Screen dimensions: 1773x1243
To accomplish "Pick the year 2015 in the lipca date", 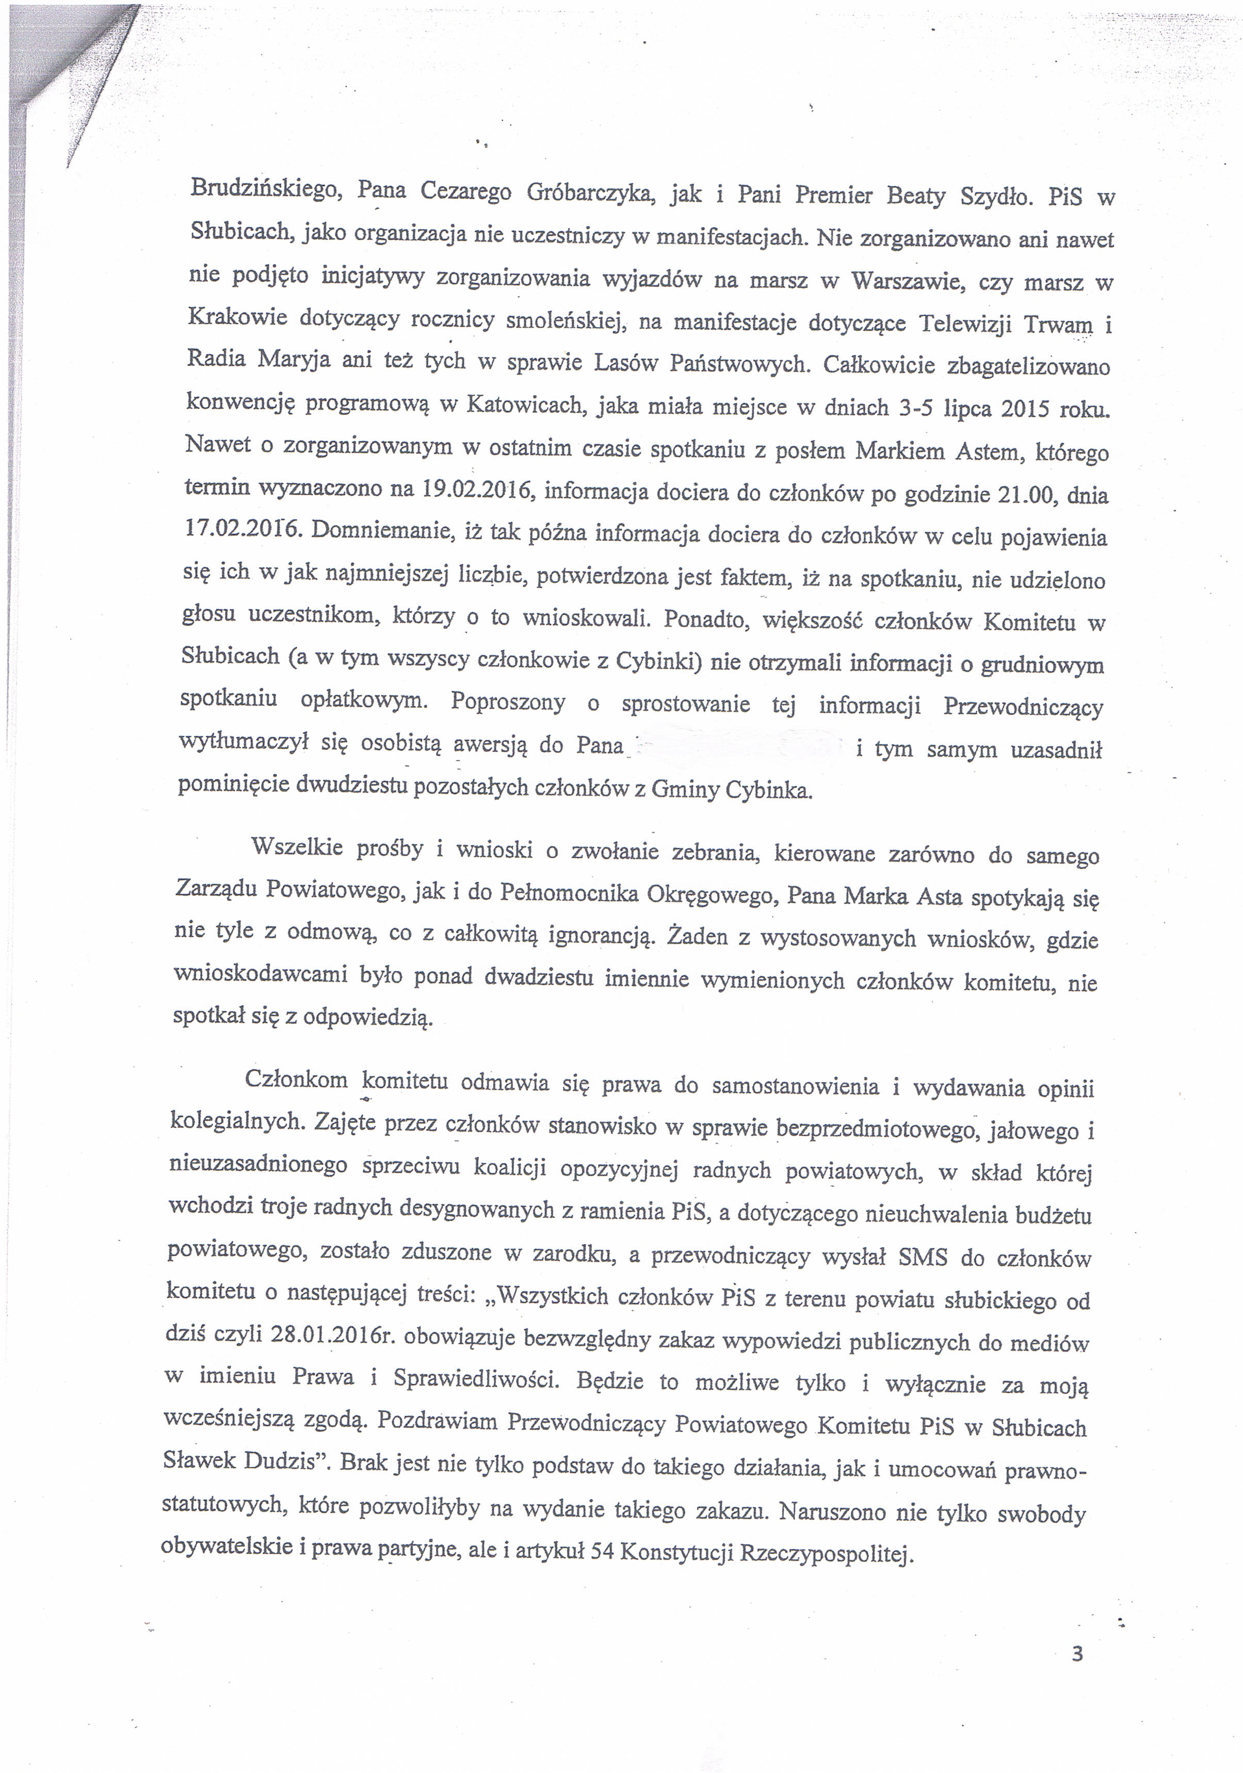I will [1025, 409].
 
